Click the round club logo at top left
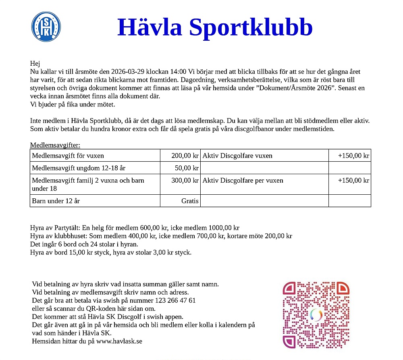(46, 26)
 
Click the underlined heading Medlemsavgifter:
(55, 145)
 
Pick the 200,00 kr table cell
(185, 156)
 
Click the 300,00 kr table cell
(185, 181)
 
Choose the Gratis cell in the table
(190, 201)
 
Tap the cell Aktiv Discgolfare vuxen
(237, 156)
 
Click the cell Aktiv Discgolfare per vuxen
(243, 181)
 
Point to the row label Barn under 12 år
(56, 201)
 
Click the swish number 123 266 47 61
(175, 300)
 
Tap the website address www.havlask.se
(119, 341)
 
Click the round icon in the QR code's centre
(316, 315)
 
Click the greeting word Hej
(35, 63)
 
